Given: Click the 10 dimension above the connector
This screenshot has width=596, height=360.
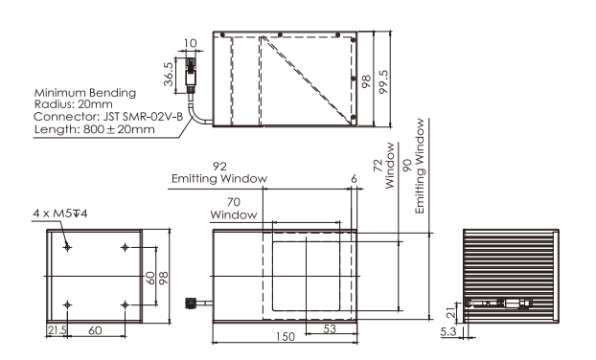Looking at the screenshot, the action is [190, 43].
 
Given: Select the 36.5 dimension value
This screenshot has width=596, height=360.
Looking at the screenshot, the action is [169, 75].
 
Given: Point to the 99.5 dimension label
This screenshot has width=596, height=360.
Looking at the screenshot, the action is [384, 82].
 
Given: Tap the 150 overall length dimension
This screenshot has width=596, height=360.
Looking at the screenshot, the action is [286, 336].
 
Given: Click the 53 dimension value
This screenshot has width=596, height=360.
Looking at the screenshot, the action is [330, 328].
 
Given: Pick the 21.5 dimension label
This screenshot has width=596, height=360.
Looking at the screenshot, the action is [57, 330].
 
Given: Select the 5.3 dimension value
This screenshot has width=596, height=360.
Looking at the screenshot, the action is [448, 331].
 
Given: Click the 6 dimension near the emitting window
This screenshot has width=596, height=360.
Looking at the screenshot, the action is [354, 178].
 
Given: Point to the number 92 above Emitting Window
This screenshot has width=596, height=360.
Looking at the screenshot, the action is [219, 167].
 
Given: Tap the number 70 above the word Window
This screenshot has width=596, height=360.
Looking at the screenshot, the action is [234, 202].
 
